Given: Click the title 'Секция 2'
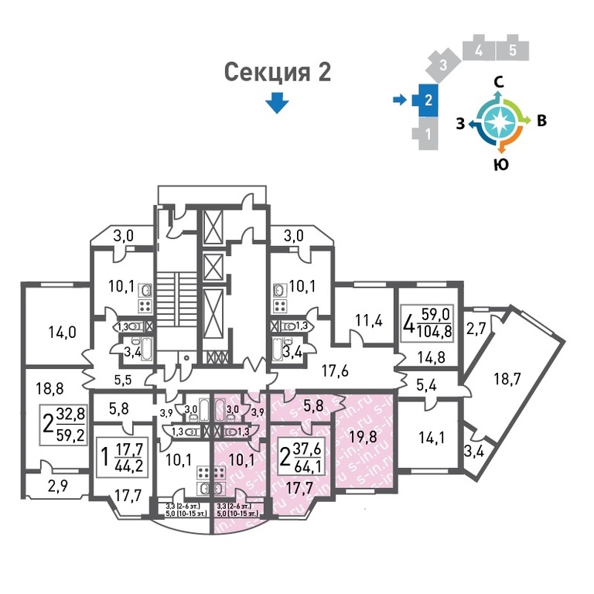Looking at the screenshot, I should [x=277, y=73].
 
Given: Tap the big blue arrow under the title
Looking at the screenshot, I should [x=277, y=103].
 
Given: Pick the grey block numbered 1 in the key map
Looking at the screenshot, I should [x=427, y=135].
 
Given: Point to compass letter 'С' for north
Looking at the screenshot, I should [x=500, y=82].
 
